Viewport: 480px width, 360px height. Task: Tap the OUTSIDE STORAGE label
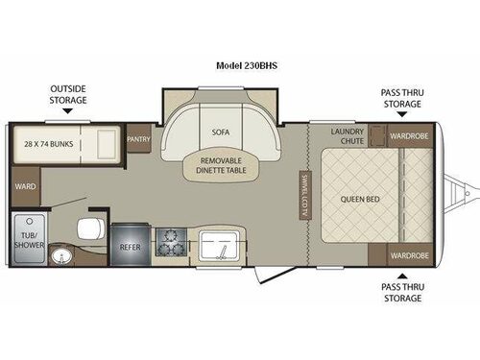coord(68,94)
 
